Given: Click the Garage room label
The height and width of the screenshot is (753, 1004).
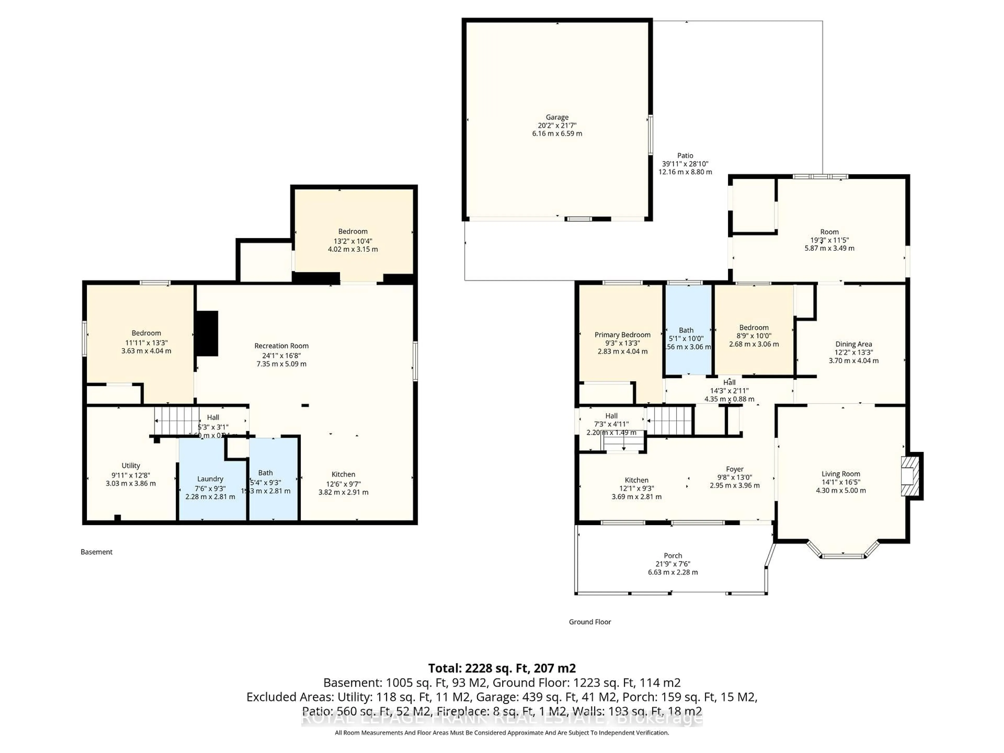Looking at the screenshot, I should click(x=557, y=117).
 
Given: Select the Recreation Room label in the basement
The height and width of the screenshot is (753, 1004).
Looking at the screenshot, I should click(x=281, y=346).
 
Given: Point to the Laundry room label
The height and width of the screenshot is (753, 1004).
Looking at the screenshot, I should click(x=210, y=479).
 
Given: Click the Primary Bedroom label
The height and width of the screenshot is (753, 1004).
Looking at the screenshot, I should click(x=622, y=334).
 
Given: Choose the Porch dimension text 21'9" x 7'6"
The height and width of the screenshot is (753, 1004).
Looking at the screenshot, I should click(x=673, y=564).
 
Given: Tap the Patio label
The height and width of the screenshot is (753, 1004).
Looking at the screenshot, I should click(x=685, y=155).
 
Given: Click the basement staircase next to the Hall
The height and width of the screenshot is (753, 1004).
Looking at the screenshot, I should click(x=176, y=421).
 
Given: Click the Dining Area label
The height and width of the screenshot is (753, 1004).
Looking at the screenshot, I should click(x=853, y=344).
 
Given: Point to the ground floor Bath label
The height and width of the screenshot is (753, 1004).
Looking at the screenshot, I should click(x=686, y=330).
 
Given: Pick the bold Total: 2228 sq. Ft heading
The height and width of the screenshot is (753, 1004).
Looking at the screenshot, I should click(x=501, y=668).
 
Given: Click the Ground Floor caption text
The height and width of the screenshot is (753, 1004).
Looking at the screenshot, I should click(x=590, y=622).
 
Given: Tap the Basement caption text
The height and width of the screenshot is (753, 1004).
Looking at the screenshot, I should click(x=96, y=552).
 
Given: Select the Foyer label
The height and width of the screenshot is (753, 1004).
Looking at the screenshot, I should click(x=734, y=469).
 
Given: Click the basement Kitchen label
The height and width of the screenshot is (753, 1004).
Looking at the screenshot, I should click(x=343, y=474).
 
